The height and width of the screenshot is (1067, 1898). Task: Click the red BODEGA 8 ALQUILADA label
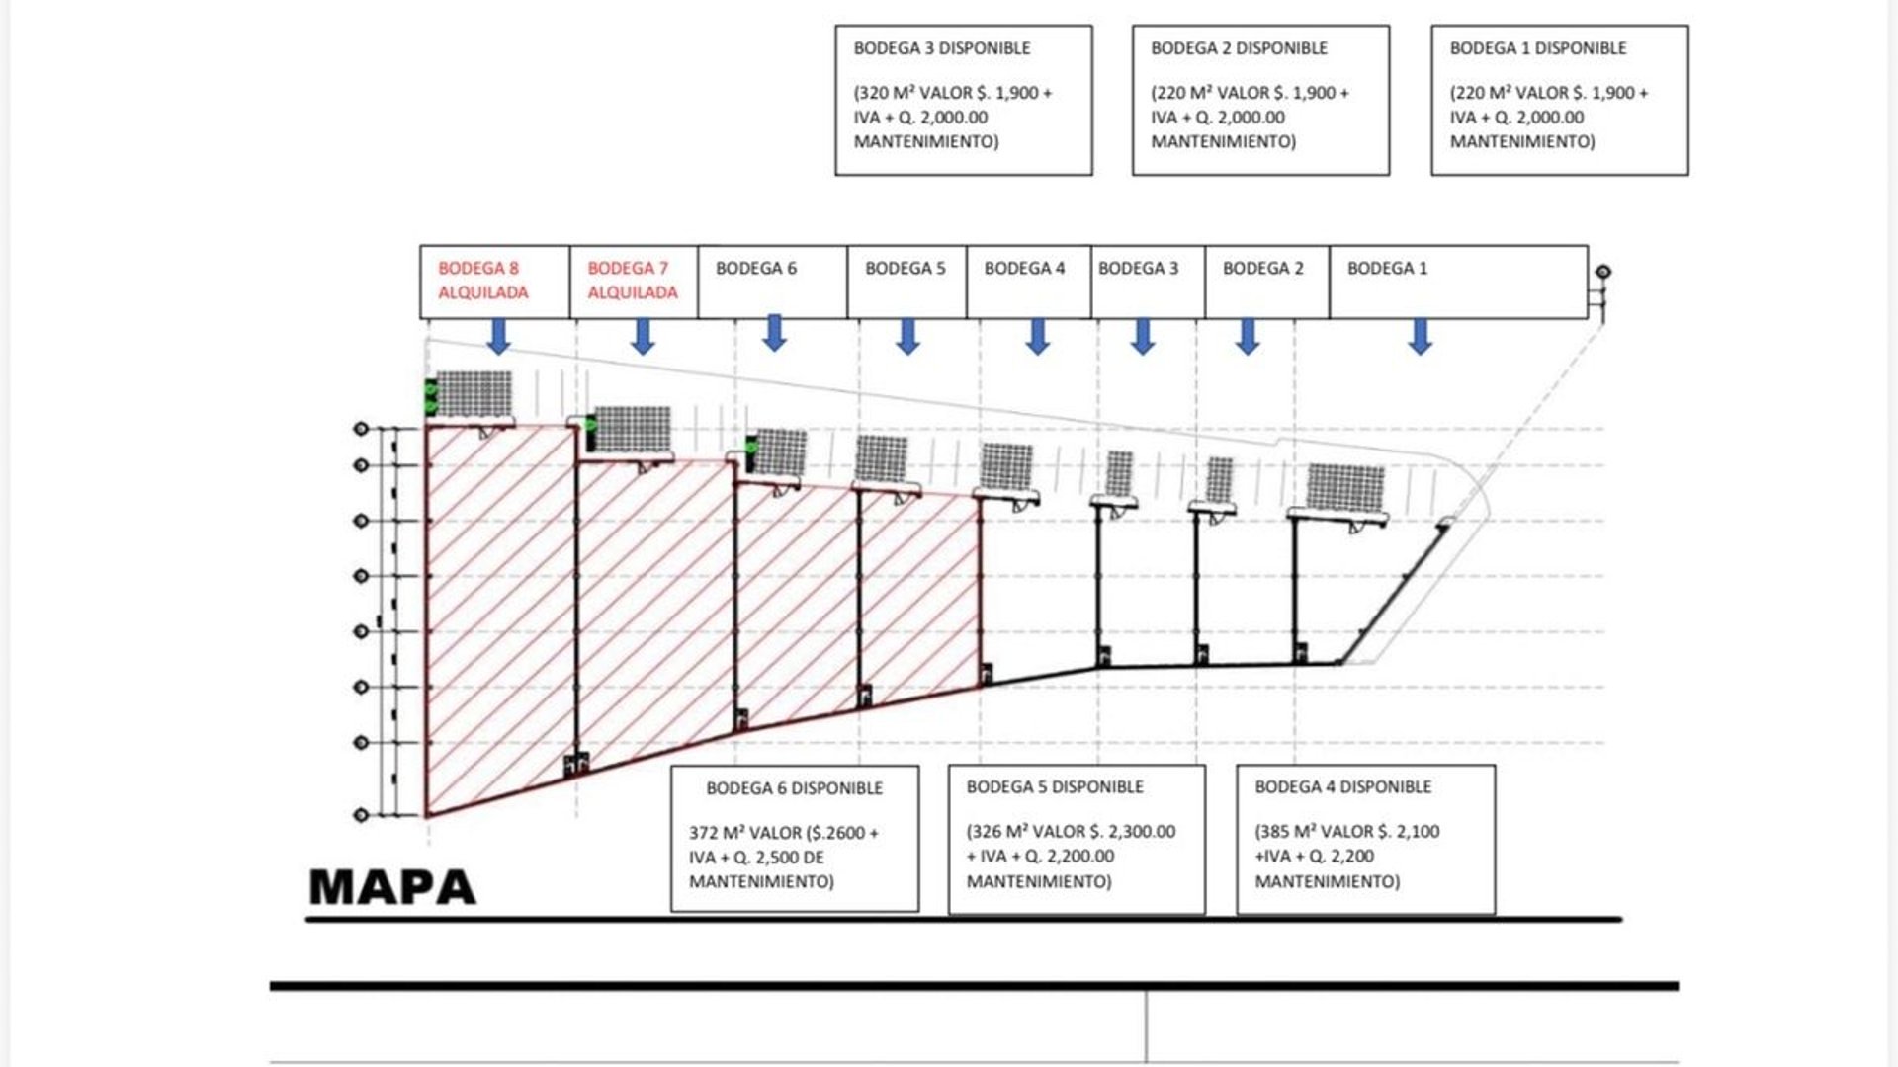[x=483, y=281]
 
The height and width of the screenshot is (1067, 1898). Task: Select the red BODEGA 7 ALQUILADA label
[x=633, y=281]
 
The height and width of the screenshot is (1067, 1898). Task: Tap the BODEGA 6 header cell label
[x=756, y=269]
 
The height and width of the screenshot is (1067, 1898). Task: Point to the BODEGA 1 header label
[x=1388, y=269]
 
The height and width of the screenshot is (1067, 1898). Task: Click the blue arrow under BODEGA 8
[x=499, y=336]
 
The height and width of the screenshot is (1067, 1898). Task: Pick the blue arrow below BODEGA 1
[x=1421, y=336]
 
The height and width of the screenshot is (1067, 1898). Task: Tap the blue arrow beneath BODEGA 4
[x=1037, y=336]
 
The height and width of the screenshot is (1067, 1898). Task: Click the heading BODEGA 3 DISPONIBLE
[x=942, y=48]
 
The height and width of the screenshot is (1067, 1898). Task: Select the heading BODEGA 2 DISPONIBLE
[x=1239, y=48]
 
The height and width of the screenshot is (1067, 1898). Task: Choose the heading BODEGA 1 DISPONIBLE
[x=1538, y=48]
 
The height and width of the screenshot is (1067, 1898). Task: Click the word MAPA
[x=392, y=887]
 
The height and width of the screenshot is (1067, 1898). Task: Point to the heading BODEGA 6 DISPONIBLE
[x=795, y=788]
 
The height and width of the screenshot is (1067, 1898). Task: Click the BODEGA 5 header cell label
[x=906, y=269]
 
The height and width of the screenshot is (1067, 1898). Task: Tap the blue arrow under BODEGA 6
[x=775, y=333]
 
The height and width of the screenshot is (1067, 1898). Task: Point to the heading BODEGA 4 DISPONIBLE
[x=1343, y=787]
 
